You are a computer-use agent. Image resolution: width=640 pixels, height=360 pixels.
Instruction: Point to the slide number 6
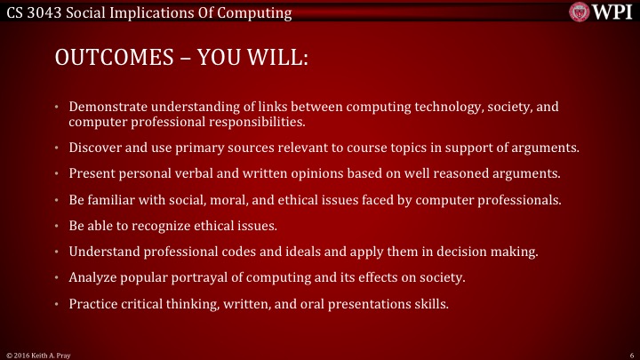[x=629, y=354]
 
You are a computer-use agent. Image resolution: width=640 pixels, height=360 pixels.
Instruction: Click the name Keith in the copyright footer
[x=36, y=354]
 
